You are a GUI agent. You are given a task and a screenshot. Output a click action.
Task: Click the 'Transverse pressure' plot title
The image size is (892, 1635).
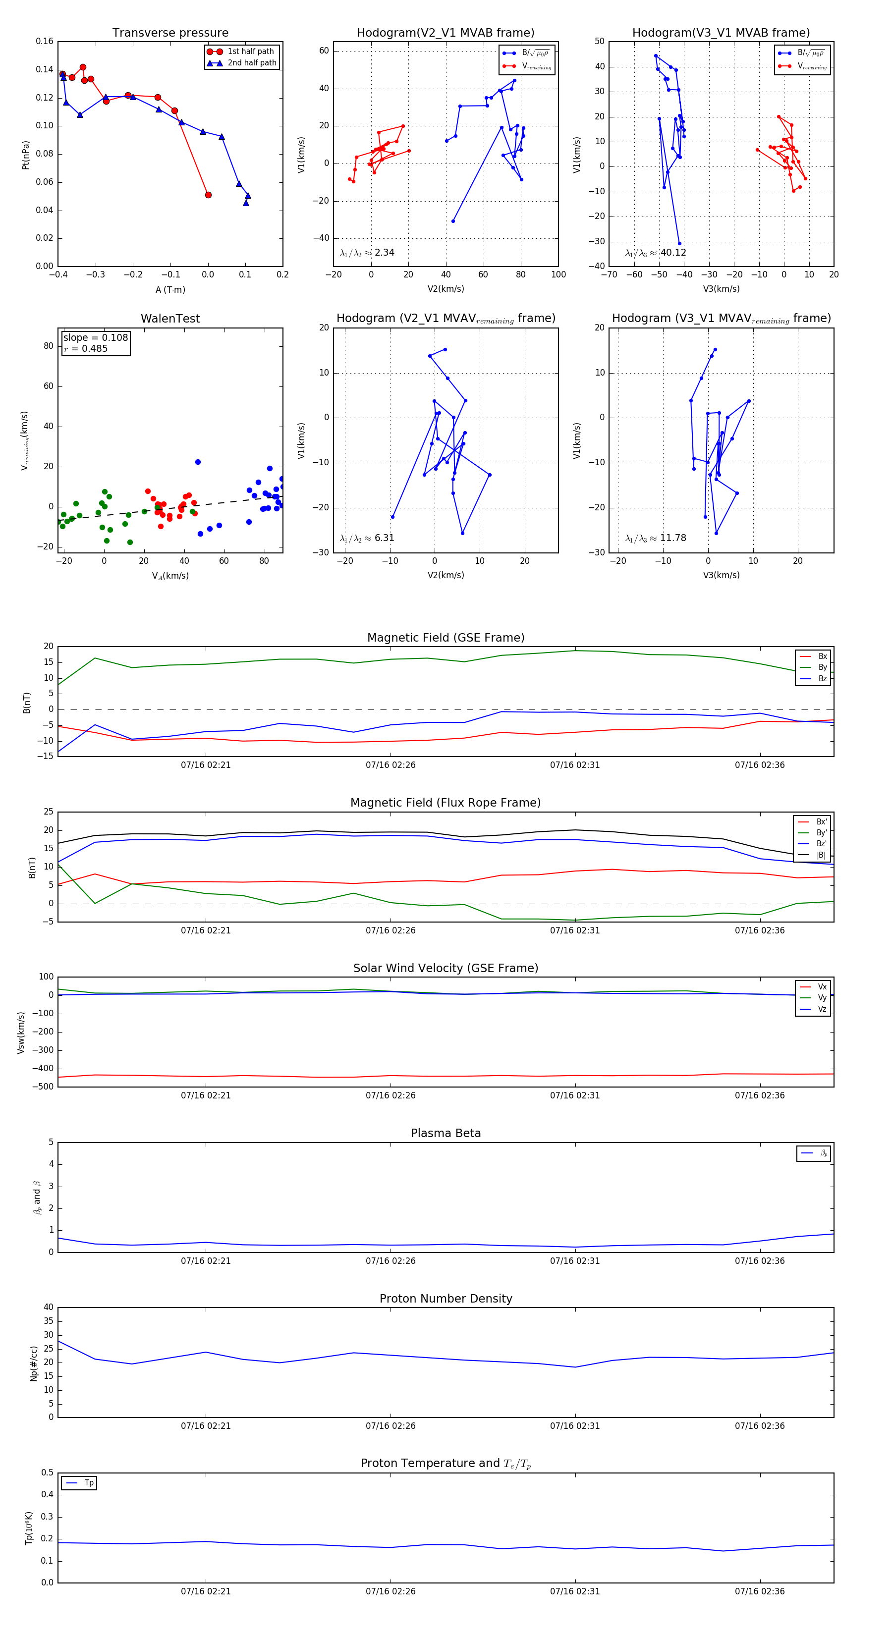point(170,33)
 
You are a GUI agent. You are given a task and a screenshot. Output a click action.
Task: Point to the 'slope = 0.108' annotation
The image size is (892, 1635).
point(95,338)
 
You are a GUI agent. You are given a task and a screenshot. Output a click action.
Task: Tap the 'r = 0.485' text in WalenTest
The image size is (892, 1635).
point(86,348)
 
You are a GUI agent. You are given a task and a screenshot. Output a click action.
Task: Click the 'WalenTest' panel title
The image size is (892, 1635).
point(170,319)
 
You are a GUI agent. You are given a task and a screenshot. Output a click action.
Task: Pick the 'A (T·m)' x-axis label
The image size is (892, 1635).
point(170,289)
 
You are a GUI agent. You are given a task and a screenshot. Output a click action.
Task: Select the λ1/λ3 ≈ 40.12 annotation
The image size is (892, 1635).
point(655,253)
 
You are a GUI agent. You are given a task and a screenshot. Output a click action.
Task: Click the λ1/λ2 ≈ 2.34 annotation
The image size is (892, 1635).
point(367,253)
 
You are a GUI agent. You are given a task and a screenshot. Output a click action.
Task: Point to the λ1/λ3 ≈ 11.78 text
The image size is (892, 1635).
point(655,538)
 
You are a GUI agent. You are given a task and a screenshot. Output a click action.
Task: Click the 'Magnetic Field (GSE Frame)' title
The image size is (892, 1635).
point(446,638)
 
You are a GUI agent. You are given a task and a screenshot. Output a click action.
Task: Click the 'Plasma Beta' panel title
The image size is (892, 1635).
point(446,1134)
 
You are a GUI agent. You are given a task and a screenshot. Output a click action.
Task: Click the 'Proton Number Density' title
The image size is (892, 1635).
point(446,1299)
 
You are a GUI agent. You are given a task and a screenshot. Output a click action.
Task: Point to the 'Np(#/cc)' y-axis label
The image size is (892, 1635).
point(34,1363)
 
